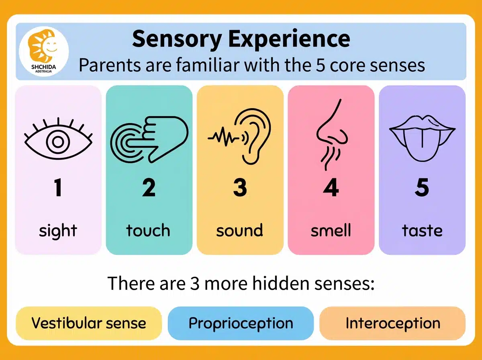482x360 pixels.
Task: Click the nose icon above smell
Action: [x=331, y=135]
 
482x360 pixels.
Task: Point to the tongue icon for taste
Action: [x=422, y=137]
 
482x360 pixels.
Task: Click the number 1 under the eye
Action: [x=58, y=188]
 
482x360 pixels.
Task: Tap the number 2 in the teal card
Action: [x=149, y=188]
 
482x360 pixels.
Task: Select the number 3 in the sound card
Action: [x=240, y=188]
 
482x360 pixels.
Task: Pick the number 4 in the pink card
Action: [x=331, y=188]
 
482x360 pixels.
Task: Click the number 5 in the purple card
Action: [x=422, y=188]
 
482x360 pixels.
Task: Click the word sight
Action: [x=58, y=231]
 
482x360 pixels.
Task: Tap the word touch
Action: [x=148, y=231]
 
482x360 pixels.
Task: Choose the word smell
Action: [x=331, y=231]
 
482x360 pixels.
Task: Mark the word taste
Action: [x=422, y=231]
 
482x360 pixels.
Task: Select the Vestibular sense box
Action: [x=88, y=323]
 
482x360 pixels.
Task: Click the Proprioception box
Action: [x=241, y=323]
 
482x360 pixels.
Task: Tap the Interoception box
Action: [x=392, y=323]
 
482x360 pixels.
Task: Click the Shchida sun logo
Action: [x=44, y=49]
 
